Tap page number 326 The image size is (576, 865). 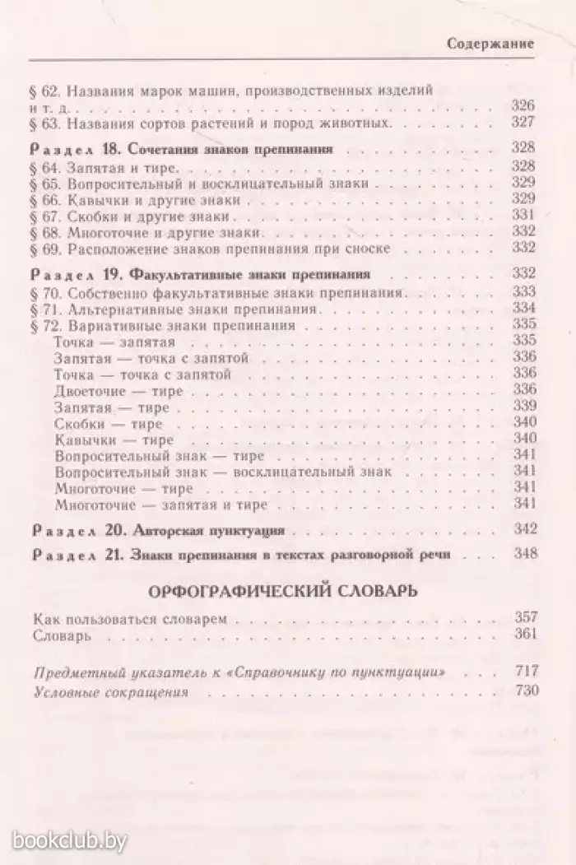click(523, 106)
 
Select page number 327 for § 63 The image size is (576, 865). click(523, 123)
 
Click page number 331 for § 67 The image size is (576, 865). click(523, 216)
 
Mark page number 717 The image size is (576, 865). click(523, 674)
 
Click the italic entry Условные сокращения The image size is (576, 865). click(112, 692)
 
